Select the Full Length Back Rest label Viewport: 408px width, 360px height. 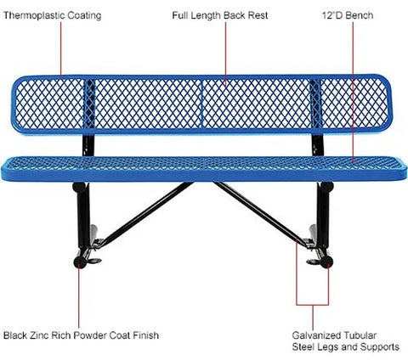click(220, 15)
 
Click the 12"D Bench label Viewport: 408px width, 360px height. click(348, 15)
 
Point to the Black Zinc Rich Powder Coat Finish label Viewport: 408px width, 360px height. click(81, 335)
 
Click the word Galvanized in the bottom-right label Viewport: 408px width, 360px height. click(316, 335)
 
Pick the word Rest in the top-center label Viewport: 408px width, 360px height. click(258, 15)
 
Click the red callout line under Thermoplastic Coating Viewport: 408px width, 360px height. click(61, 50)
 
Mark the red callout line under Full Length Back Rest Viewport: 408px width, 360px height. click(226, 53)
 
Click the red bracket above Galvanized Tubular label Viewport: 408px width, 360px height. click(313, 305)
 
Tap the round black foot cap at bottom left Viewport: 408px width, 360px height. click(80, 262)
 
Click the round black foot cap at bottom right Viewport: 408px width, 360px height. click(327, 262)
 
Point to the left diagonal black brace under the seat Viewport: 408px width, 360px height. click(147, 213)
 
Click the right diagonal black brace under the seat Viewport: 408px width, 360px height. click(260, 214)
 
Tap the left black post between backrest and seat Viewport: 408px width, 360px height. click(88, 145)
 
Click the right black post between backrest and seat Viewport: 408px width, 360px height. click(318, 145)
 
